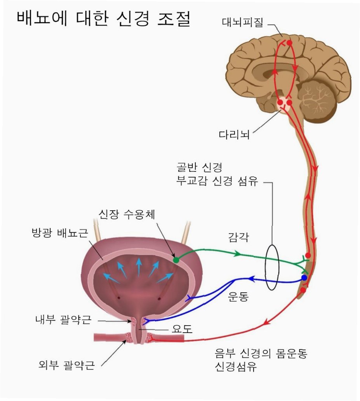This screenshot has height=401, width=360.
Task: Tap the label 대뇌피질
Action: pos(243,22)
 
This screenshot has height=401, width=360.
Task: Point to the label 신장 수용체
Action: pos(126,214)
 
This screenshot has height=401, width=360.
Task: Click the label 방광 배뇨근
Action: pos(60,234)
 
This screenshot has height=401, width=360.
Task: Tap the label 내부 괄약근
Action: pos(63,320)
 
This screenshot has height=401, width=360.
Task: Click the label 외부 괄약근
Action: pos(67,365)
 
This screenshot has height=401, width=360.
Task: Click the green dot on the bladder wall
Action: pos(176,260)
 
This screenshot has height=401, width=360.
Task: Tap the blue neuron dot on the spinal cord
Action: pos(304,278)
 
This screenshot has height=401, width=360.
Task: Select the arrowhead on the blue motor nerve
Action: pos(252,279)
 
